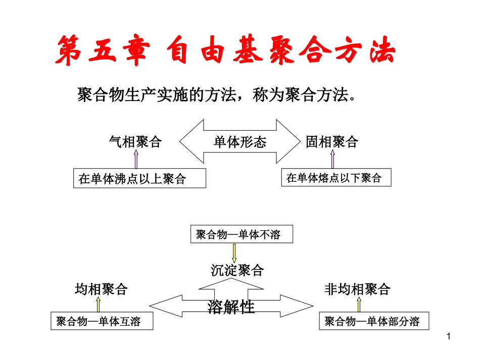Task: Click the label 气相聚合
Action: [x=135, y=142]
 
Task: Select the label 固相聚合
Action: [x=331, y=142]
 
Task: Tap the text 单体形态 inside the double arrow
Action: [x=239, y=142]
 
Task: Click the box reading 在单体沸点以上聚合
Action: [x=139, y=178]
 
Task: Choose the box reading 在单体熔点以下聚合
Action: [x=336, y=177]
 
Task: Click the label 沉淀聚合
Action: [x=237, y=271]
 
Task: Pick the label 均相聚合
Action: [x=101, y=289]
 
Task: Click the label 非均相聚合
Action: [x=357, y=289]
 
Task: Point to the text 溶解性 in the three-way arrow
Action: [x=231, y=306]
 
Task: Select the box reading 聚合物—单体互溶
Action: [x=102, y=322]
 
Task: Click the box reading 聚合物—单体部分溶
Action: [x=372, y=322]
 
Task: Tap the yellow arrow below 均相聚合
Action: [x=99, y=304]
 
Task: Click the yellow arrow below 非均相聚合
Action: [x=359, y=304]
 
